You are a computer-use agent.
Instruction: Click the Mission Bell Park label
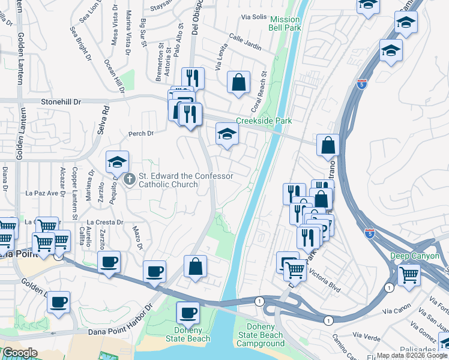click(285, 24)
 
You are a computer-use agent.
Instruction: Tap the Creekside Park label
click(264, 121)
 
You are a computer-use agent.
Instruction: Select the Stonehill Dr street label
click(61, 102)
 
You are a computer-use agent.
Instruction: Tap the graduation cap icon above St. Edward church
click(117, 161)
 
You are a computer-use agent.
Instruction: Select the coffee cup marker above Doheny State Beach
click(188, 313)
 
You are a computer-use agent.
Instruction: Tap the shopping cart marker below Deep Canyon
click(409, 275)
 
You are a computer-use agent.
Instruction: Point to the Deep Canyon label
click(415, 256)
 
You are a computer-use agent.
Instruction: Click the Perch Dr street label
click(142, 133)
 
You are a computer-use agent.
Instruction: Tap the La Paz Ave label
click(45, 193)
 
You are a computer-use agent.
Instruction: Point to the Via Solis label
click(253, 17)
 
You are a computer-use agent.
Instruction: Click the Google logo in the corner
click(19, 353)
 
